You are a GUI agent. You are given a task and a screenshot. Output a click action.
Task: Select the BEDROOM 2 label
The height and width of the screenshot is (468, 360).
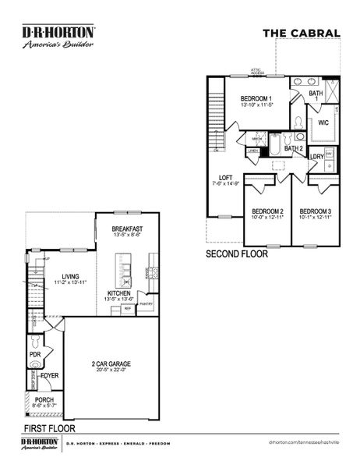pyautogui.click(x=267, y=211)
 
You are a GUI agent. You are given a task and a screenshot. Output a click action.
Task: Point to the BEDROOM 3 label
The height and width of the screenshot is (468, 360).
pyautogui.click(x=316, y=211)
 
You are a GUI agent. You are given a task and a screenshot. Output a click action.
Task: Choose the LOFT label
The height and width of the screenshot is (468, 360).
pyautogui.click(x=225, y=177)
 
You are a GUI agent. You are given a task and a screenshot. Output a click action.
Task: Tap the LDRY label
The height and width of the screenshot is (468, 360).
pyautogui.click(x=316, y=157)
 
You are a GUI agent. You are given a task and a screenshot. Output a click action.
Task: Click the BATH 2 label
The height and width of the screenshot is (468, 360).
pyautogui.click(x=293, y=148)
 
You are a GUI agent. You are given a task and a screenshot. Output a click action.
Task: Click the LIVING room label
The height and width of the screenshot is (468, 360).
pyautogui.click(x=71, y=276)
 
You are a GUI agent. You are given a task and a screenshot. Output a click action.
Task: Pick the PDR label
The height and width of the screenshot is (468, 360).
pyautogui.click(x=35, y=354)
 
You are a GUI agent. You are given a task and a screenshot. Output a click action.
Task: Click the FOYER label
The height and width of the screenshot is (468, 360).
pyautogui.click(x=50, y=376)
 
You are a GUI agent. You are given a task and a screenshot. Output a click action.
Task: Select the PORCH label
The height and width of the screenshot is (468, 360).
pyautogui.click(x=44, y=399)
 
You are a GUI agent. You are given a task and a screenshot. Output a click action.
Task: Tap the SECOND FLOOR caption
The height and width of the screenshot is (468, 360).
pyautogui.click(x=237, y=255)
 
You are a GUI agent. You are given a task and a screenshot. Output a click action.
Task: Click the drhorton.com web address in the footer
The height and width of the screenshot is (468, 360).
pyautogui.click(x=305, y=442)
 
